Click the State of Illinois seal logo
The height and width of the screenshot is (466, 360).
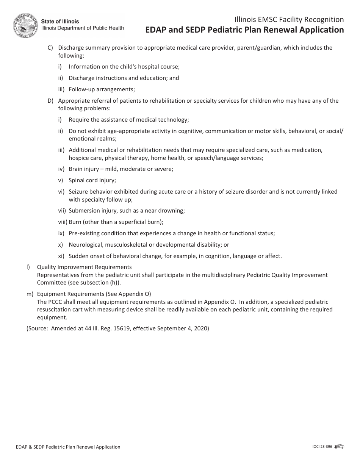26,25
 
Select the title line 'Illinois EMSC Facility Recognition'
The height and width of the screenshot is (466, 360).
289,20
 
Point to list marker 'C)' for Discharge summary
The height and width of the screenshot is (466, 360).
50,48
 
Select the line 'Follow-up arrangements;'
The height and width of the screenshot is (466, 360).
102,89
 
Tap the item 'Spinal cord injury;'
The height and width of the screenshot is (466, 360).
92,180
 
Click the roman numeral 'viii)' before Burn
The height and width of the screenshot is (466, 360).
63,222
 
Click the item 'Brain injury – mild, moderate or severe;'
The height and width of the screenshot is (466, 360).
121,169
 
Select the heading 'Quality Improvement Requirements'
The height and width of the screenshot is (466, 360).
84,267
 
